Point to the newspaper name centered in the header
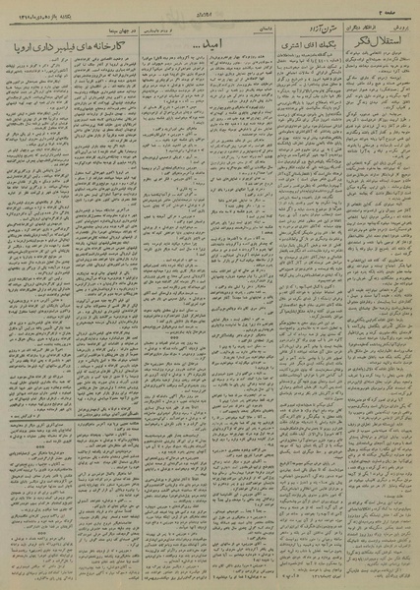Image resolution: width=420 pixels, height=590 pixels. (x=210, y=9)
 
